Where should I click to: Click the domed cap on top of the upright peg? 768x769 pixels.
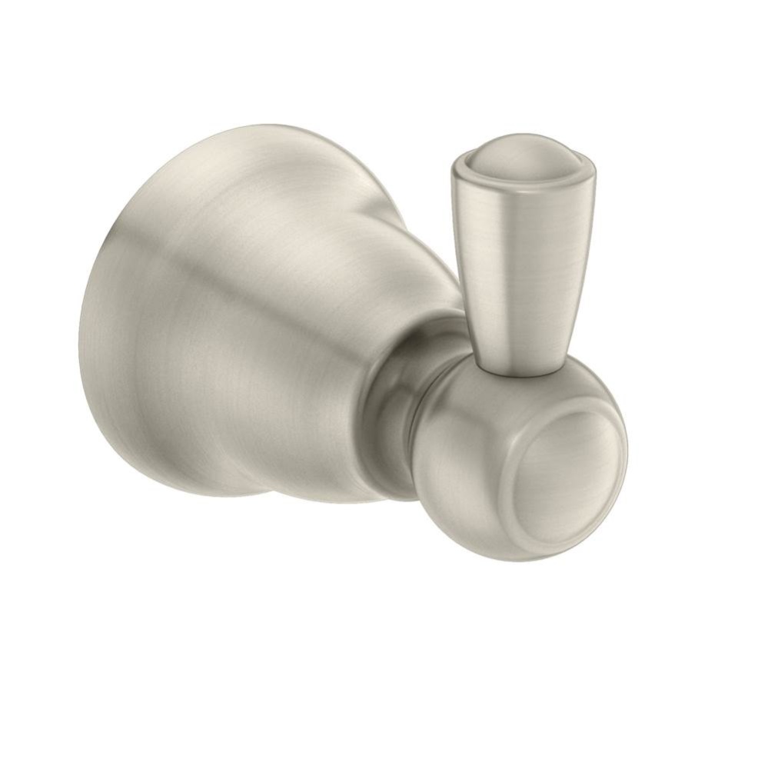(521, 157)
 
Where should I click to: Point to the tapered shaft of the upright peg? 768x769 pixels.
(517, 261)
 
